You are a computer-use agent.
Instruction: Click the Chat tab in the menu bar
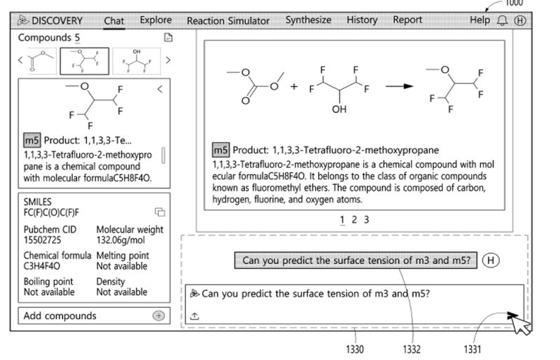(114, 21)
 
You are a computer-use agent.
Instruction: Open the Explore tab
(155, 20)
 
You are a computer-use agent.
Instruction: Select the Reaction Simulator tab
(227, 21)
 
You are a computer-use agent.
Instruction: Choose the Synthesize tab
(308, 20)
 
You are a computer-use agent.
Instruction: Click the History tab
(362, 20)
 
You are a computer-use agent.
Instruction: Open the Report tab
(407, 20)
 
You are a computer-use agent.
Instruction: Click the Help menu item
(480, 20)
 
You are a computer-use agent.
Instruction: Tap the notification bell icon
(502, 21)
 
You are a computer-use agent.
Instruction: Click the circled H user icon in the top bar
(519, 21)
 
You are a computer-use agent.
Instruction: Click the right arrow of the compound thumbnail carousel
(168, 60)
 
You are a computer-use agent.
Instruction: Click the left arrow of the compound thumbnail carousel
(21, 60)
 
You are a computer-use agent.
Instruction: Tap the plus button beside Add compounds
(158, 316)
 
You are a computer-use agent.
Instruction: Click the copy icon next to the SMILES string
(160, 212)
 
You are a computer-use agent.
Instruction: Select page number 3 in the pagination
(366, 220)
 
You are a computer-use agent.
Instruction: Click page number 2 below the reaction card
(354, 220)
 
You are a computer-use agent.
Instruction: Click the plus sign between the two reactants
(294, 87)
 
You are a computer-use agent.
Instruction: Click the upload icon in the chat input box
(195, 316)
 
